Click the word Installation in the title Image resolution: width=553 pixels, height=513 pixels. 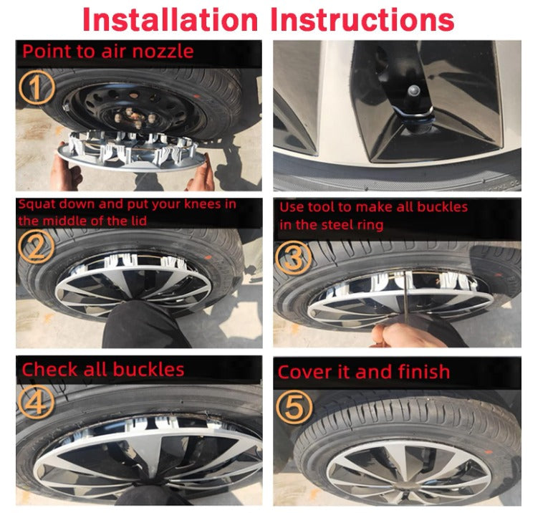coord(170,20)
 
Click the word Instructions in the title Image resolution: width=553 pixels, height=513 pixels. coord(362,20)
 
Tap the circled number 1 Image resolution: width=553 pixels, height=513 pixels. coord(37,87)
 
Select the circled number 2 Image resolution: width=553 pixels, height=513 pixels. coord(36,246)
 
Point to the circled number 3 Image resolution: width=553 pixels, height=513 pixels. coord(294,256)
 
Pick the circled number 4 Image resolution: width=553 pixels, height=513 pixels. coord(36,402)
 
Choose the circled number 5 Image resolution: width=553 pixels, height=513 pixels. coord(294,407)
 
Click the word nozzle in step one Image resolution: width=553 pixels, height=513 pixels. coord(163,52)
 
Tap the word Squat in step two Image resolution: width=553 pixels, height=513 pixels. coord(36,205)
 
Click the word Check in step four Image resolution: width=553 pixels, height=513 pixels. coord(49,370)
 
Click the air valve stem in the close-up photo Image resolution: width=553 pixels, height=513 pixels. coord(413,92)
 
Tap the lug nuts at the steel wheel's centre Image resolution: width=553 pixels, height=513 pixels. coord(136,118)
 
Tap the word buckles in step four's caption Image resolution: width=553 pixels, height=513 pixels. coord(148,370)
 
